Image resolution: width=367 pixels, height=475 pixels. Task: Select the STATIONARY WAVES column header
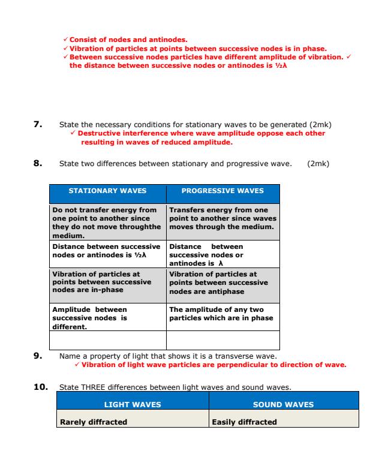click(107, 191)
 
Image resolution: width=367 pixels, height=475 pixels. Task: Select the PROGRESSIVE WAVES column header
click(222, 191)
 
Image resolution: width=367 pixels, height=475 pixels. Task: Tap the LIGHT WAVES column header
click(133, 404)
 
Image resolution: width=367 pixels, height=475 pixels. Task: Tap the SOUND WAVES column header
click(283, 404)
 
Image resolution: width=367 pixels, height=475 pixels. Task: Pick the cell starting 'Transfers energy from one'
click(222, 219)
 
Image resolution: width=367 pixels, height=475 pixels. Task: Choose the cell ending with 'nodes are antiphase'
click(222, 282)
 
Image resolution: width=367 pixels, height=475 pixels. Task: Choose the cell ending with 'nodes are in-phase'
click(107, 282)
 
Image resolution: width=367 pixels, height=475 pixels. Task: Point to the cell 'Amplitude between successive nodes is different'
click(107, 318)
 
